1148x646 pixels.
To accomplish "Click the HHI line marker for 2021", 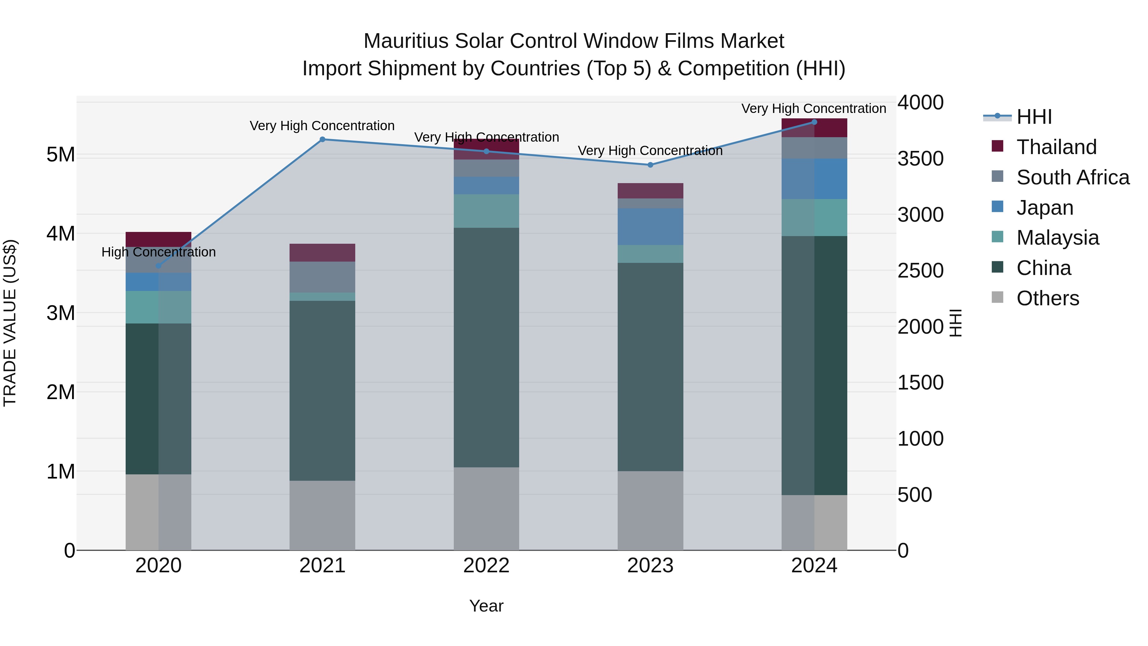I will pos(322,139).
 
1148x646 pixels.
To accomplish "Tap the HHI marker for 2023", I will pos(650,165).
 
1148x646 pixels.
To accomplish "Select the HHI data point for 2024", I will pos(814,122).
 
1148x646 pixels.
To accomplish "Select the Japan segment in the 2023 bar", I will pos(650,226).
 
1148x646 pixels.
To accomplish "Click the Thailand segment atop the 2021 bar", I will pos(322,252).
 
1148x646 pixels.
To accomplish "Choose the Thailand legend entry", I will pos(1056,147).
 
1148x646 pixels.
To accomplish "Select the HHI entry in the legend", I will pos(1034,116).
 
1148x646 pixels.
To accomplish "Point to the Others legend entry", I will pos(1047,298).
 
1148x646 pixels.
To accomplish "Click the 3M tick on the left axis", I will pos(61,313).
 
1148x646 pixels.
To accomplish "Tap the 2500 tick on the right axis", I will pos(920,270).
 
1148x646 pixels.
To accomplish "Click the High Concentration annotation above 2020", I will pos(159,252).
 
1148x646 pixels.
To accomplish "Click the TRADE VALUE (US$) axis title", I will pos(10,323).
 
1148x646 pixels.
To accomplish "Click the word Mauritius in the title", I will pos(406,41).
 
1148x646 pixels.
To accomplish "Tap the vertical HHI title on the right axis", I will pos(955,323).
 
